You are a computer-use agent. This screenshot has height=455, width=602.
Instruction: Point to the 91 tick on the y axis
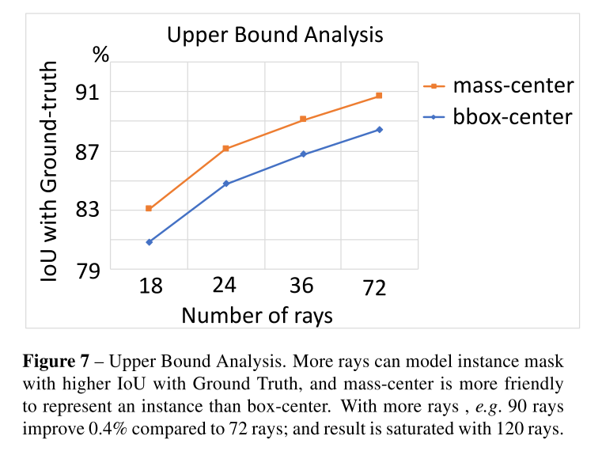click(x=87, y=93)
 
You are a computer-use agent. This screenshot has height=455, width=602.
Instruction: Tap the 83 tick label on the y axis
click(x=87, y=210)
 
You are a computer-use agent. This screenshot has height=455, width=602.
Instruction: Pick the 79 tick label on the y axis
click(x=87, y=270)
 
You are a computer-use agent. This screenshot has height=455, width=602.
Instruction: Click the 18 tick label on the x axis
click(x=150, y=286)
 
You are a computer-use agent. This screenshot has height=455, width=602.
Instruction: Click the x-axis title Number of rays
click(x=257, y=315)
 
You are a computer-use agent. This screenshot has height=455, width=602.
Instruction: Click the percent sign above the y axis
click(x=100, y=55)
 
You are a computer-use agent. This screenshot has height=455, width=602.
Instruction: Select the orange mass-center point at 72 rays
click(x=379, y=96)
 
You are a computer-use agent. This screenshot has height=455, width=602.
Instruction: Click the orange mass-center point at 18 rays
click(x=149, y=208)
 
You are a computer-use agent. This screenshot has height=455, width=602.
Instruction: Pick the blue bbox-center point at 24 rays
click(x=225, y=184)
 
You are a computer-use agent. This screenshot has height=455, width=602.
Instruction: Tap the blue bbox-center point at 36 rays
click(x=302, y=154)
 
